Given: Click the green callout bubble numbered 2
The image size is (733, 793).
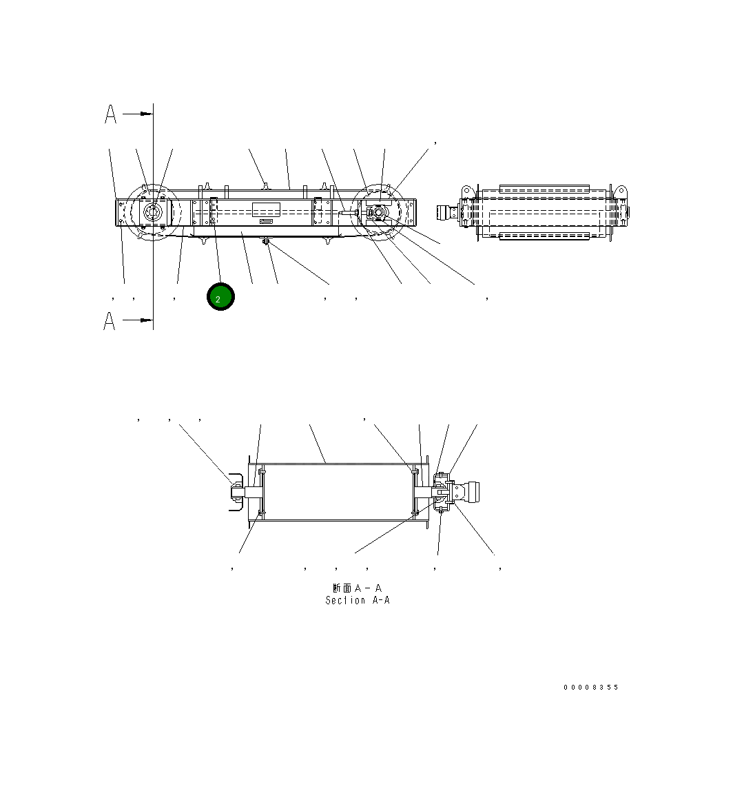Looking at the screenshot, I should pos(220,297).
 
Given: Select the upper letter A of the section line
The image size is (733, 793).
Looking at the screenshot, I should pos(110,114).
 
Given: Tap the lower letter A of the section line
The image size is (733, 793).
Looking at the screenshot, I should pos(110,320).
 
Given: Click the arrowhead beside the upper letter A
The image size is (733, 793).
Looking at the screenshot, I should pos(145,114).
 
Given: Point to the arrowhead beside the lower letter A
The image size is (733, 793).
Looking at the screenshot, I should pos(145,320).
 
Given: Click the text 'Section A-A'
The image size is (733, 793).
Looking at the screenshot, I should pos(358,600).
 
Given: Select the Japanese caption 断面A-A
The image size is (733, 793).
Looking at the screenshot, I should pos(357,588).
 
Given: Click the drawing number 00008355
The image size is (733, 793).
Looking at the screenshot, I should pos(590,687).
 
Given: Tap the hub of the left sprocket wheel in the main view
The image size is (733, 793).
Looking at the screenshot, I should pos(153,213).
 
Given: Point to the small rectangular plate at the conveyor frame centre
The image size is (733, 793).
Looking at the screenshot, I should pos(266,210).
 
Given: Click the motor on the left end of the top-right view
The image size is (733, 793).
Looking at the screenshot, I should pos(448,212).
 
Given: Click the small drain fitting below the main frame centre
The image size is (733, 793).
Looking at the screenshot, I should pos(266,240).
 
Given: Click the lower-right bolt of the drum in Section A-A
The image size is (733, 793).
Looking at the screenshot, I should pos(414,513).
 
